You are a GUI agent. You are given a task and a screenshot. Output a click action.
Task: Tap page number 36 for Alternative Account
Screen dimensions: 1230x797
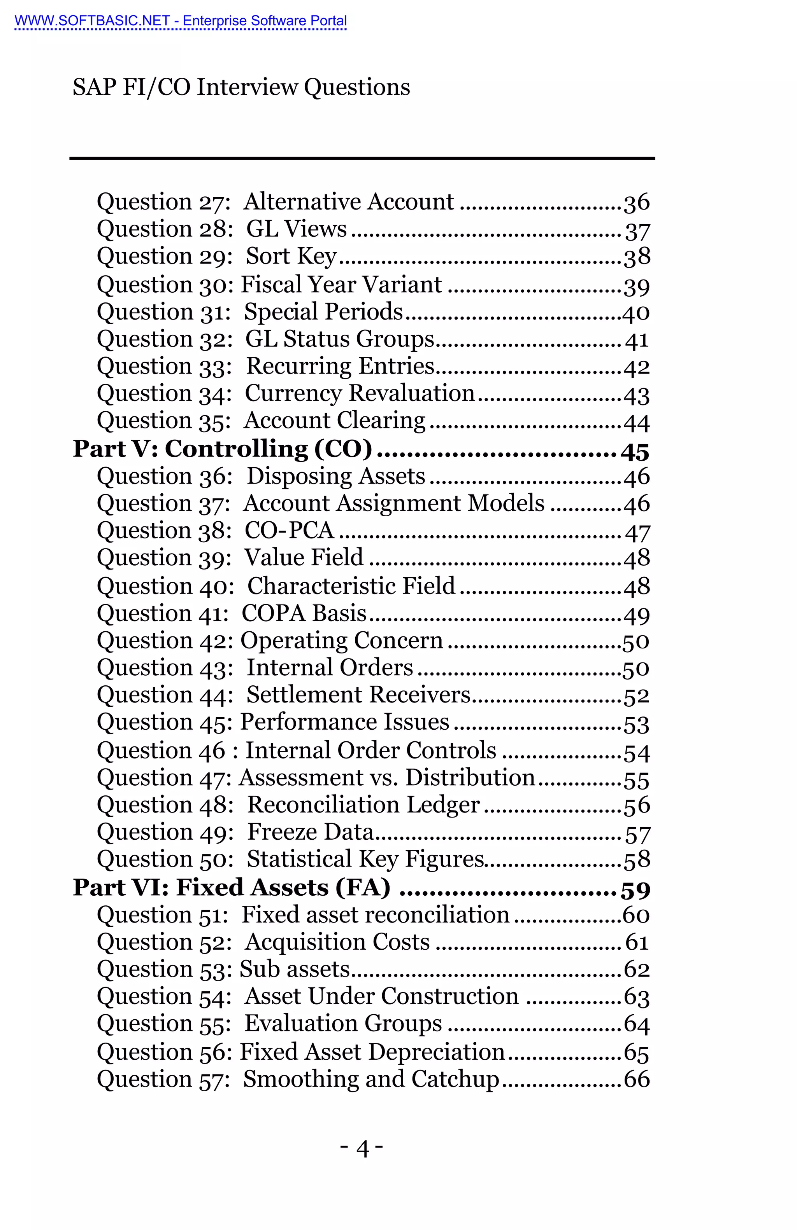636,203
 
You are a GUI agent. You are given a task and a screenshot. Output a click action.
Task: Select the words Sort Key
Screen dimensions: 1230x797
291,256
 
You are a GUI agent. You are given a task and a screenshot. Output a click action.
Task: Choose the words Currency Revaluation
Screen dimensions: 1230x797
360,393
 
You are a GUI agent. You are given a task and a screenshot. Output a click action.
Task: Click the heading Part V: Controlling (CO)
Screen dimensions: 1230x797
222,449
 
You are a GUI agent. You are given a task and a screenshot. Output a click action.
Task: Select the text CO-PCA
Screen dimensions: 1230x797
289,531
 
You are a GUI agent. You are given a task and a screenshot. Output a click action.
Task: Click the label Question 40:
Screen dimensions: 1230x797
165,587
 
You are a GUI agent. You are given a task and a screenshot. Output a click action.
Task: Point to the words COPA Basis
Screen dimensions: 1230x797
304,613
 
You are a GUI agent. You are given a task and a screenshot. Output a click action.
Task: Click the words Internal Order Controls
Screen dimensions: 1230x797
370,750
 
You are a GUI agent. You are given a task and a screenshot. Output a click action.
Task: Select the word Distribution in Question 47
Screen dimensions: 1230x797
470,778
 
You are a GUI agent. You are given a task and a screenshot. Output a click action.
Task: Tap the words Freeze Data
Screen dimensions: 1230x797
310,832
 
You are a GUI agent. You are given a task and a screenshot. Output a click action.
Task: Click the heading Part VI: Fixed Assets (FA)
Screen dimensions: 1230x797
231,888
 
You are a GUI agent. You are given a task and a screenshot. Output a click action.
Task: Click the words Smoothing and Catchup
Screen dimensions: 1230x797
371,1079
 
